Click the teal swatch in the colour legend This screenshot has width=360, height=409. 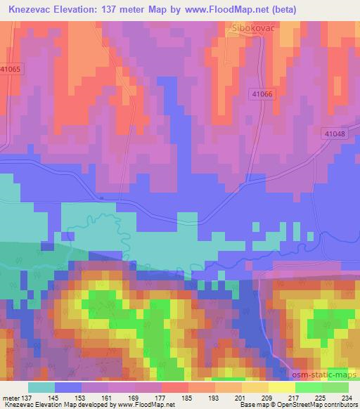point(41,387)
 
